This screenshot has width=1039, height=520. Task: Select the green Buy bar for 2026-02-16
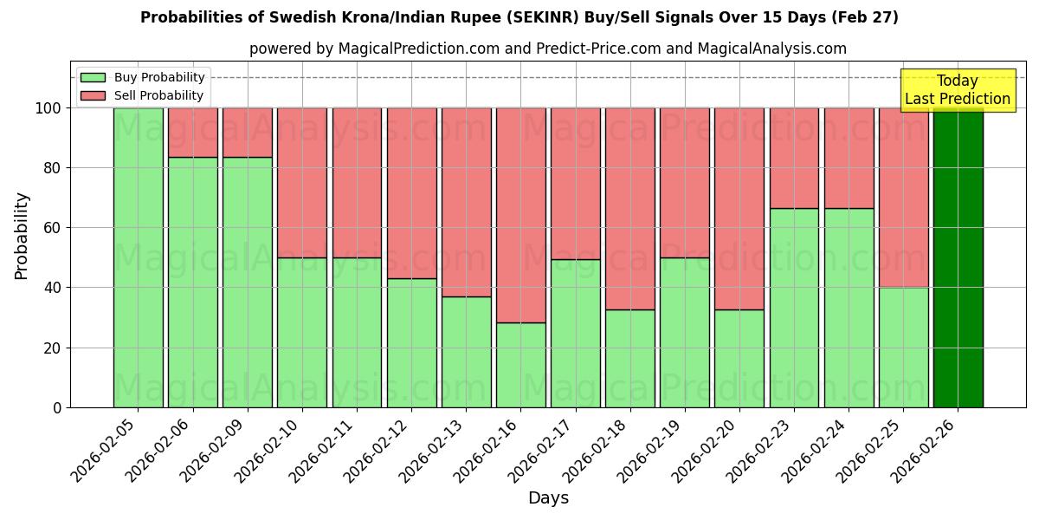coord(520,365)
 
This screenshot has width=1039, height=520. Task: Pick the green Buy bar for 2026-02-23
coord(794,308)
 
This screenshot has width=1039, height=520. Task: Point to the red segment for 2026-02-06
coord(192,133)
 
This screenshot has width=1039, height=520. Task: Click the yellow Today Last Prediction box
coord(957,90)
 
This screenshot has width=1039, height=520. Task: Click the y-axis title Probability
coord(22,235)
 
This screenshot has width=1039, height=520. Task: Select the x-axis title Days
coord(548,498)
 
